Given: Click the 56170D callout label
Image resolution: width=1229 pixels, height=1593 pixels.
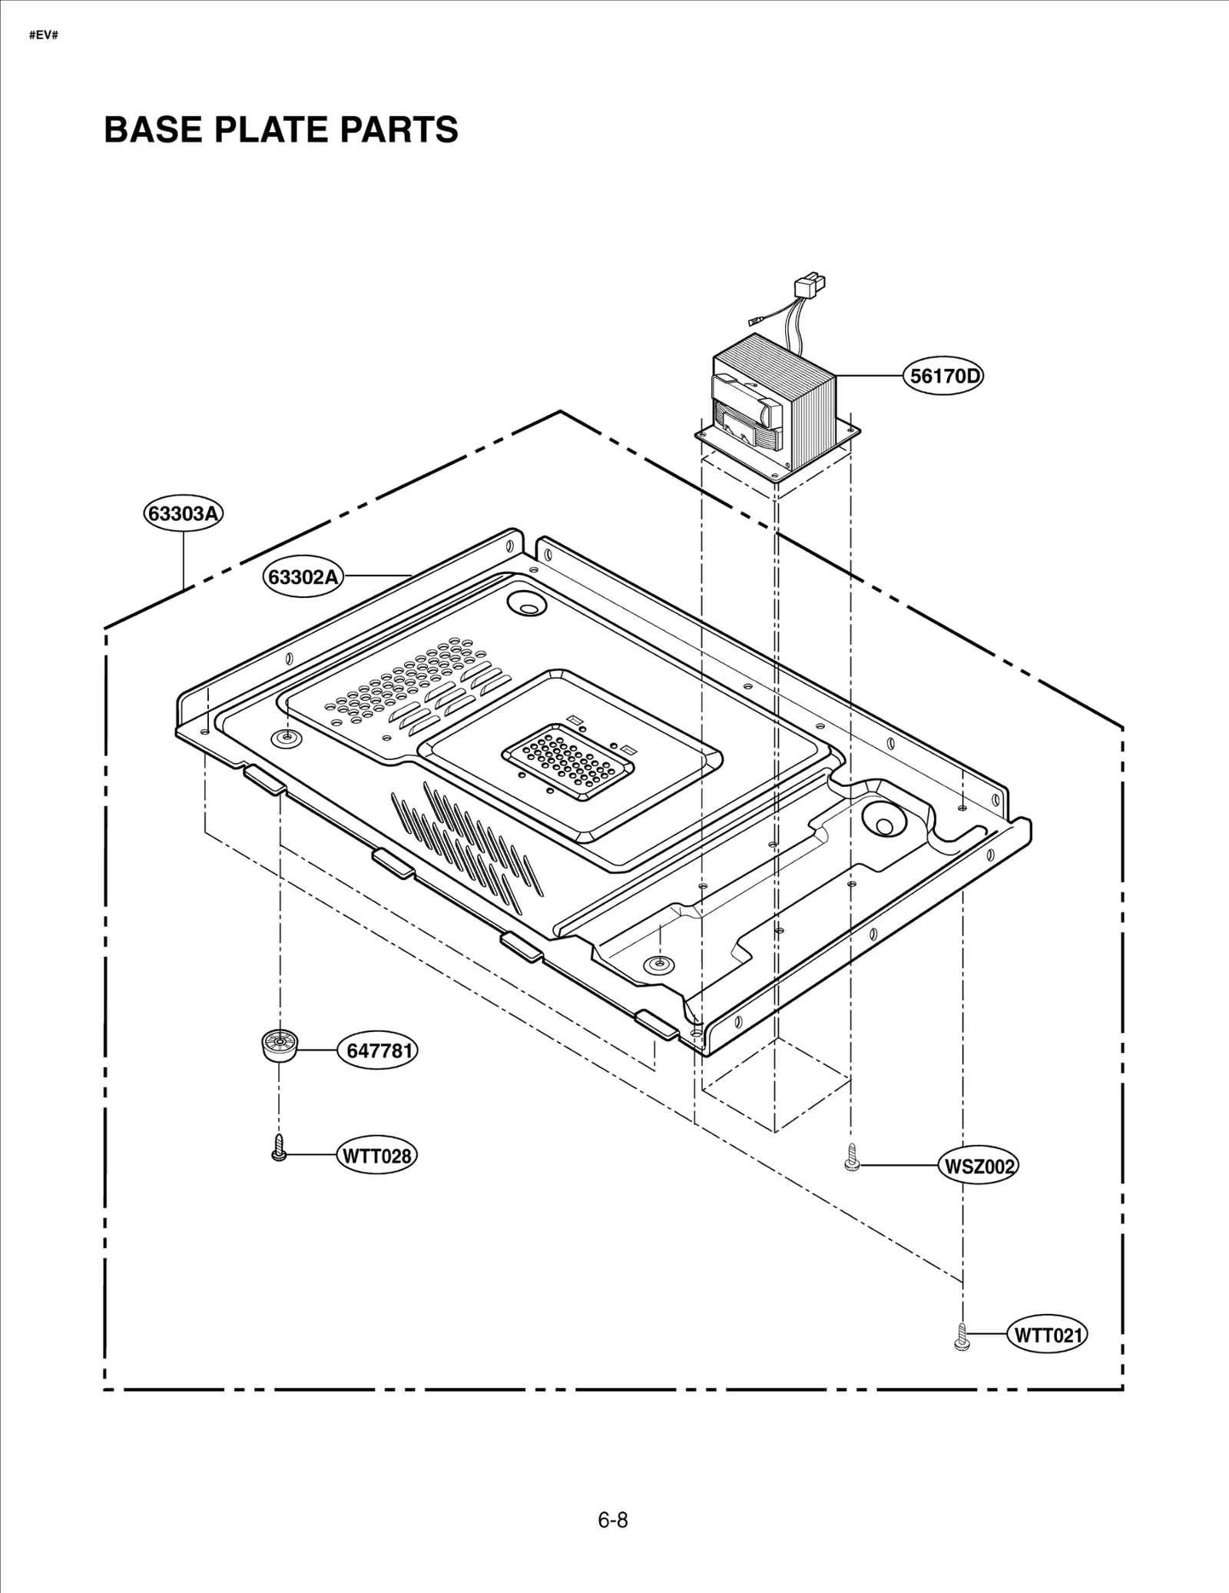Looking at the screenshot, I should coord(942,377).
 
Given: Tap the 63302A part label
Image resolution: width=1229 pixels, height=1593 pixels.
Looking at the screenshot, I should coord(303,576).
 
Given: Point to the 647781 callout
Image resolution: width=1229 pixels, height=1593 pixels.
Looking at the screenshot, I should coord(377,1050).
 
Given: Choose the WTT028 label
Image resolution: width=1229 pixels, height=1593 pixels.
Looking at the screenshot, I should coord(376,1156).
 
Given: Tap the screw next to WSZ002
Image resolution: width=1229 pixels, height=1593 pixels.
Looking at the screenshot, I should coord(851,1157).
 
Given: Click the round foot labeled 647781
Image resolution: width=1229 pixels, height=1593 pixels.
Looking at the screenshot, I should coord(279,1046).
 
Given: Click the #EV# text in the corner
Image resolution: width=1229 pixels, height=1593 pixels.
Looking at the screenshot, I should coord(44,36).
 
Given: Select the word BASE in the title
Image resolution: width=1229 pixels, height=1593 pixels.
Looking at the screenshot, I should coord(153,129).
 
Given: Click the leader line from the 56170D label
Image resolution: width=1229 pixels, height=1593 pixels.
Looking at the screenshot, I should coord(868,376).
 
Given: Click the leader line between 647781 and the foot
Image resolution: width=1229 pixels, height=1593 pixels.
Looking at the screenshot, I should coord(317,1050).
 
